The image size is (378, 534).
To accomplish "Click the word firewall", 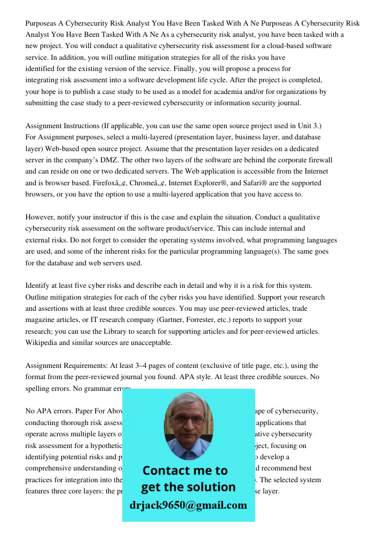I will [318, 160].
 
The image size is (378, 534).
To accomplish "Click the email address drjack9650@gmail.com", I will [188, 505].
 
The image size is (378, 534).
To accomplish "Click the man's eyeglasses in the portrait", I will [188, 420].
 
